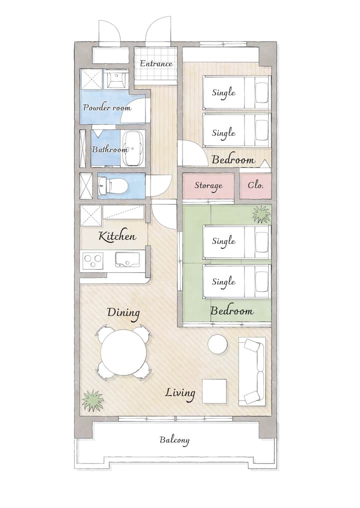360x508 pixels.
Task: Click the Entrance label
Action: click(x=156, y=64)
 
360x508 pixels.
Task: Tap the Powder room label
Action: click(x=107, y=107)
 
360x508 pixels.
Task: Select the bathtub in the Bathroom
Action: click(x=132, y=148)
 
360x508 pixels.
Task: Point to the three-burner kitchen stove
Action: click(x=93, y=260)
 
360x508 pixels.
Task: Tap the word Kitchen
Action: click(x=117, y=236)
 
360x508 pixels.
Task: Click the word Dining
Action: click(x=123, y=313)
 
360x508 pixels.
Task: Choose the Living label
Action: click(x=180, y=393)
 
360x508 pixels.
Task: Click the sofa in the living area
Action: click(x=252, y=371)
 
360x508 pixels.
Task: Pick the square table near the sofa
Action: click(x=214, y=391)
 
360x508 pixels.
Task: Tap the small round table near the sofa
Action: click(x=217, y=344)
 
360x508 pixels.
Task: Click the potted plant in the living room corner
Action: click(x=92, y=400)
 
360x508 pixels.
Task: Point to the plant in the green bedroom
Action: click(x=261, y=214)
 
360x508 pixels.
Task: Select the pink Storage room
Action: click(x=208, y=186)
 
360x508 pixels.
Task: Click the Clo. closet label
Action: click(x=255, y=185)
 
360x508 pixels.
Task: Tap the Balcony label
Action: click(x=174, y=440)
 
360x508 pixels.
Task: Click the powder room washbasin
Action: click(x=115, y=80)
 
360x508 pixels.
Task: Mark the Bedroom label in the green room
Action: click(x=232, y=311)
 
